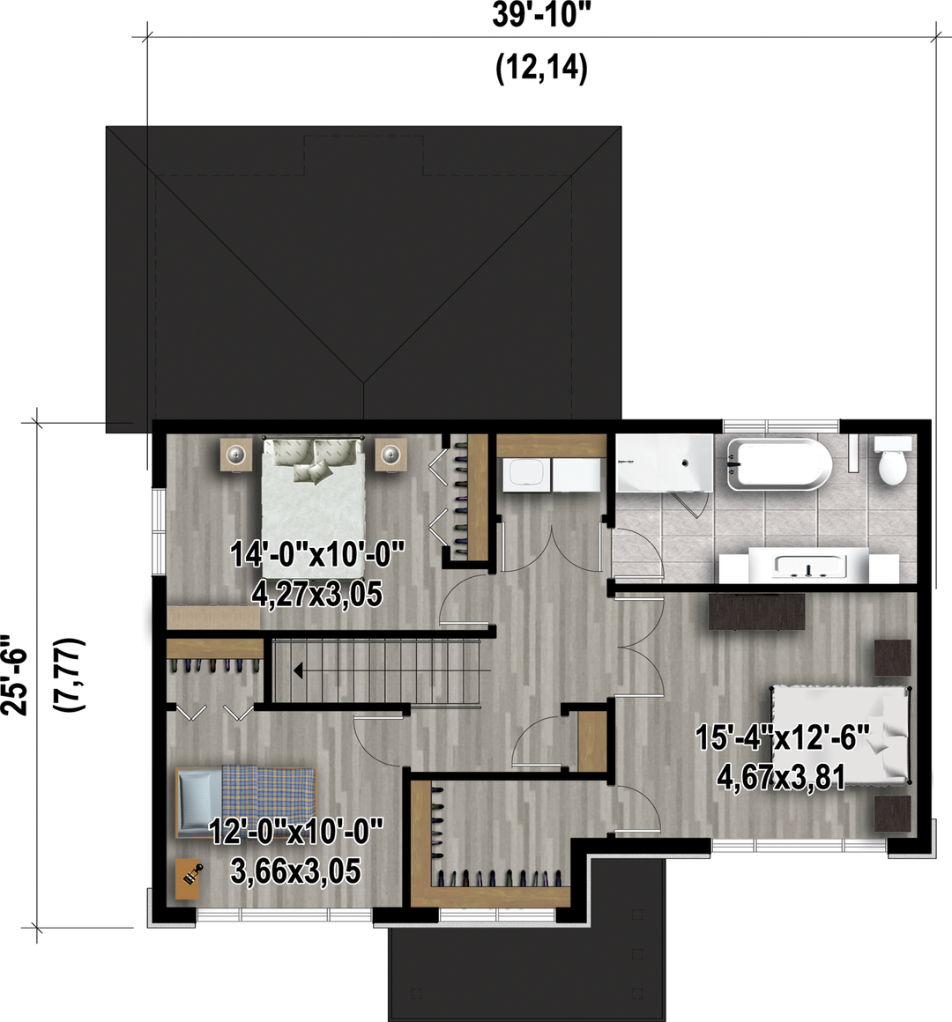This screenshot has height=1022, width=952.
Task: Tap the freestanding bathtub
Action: (779, 464)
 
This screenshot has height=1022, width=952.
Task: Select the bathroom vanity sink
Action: (808, 566)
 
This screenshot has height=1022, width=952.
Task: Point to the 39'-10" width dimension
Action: (535, 15)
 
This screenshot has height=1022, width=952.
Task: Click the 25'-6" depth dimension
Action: (14, 675)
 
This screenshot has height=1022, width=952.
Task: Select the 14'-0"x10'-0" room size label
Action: (317, 556)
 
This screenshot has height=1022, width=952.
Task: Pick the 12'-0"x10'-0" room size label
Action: (295, 833)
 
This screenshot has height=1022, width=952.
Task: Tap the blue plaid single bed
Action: (246, 802)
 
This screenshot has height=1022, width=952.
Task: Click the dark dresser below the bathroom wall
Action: (757, 611)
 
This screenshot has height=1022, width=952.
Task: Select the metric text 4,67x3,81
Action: (781, 777)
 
